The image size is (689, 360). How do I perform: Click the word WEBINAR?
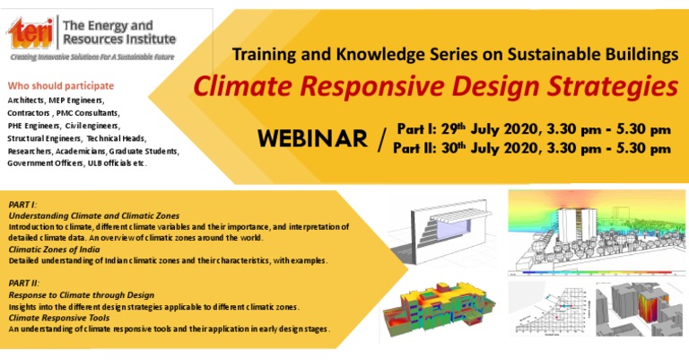(312, 139)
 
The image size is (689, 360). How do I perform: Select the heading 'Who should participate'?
(61, 84)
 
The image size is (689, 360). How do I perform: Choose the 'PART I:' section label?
(22, 206)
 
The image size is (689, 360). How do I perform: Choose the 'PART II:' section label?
(24, 283)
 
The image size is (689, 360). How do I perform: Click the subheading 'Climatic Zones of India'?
(59, 249)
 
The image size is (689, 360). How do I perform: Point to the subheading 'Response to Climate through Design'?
(81, 294)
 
